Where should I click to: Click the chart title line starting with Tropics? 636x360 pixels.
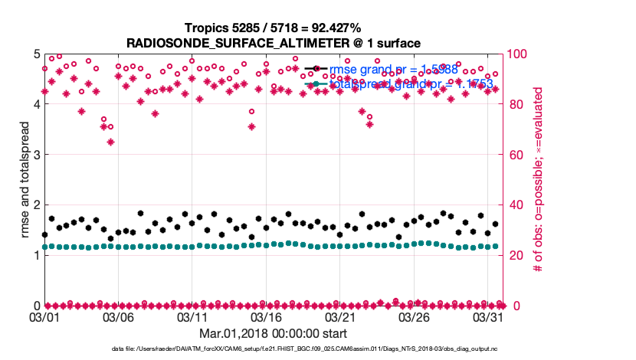tap(273, 28)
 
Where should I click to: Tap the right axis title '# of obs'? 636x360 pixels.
tap(538, 179)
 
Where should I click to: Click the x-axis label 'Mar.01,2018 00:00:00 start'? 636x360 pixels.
tap(273, 333)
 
